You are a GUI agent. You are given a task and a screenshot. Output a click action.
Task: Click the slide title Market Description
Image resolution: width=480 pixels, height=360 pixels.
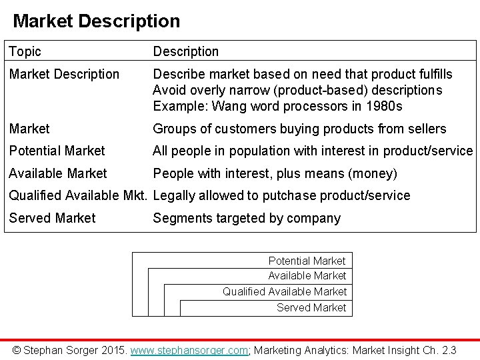pos(96,21)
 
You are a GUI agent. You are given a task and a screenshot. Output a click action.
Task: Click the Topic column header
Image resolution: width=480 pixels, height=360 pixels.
pos(25,51)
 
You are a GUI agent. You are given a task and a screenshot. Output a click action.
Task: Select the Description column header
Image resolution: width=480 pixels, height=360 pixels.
pos(185,51)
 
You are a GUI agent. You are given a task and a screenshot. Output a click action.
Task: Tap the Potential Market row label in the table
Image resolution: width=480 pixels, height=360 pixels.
pos(57,151)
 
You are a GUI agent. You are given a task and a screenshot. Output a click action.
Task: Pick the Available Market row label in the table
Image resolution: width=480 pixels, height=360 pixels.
pos(57,173)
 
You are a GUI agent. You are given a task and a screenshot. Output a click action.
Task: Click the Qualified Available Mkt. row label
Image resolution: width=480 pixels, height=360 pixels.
pos(78,195)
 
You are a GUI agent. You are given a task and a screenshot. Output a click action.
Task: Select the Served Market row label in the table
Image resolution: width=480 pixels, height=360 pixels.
pos(52,218)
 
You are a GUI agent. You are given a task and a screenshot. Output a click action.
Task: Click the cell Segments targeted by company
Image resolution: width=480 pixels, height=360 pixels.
pos(247,218)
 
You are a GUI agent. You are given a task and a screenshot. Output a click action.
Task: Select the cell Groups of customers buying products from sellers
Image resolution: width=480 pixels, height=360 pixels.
pos(299,129)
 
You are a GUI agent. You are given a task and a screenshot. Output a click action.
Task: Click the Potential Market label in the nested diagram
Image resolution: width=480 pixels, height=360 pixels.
pos(307,260)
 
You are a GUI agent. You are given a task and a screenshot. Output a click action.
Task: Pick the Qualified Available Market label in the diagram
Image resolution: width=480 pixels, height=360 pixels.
pos(285,291)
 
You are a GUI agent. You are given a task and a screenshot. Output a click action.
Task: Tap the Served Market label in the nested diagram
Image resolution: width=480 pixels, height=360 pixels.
pos(311,307)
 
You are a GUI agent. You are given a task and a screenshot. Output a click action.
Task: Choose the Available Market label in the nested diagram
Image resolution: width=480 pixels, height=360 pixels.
pos(307,275)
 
